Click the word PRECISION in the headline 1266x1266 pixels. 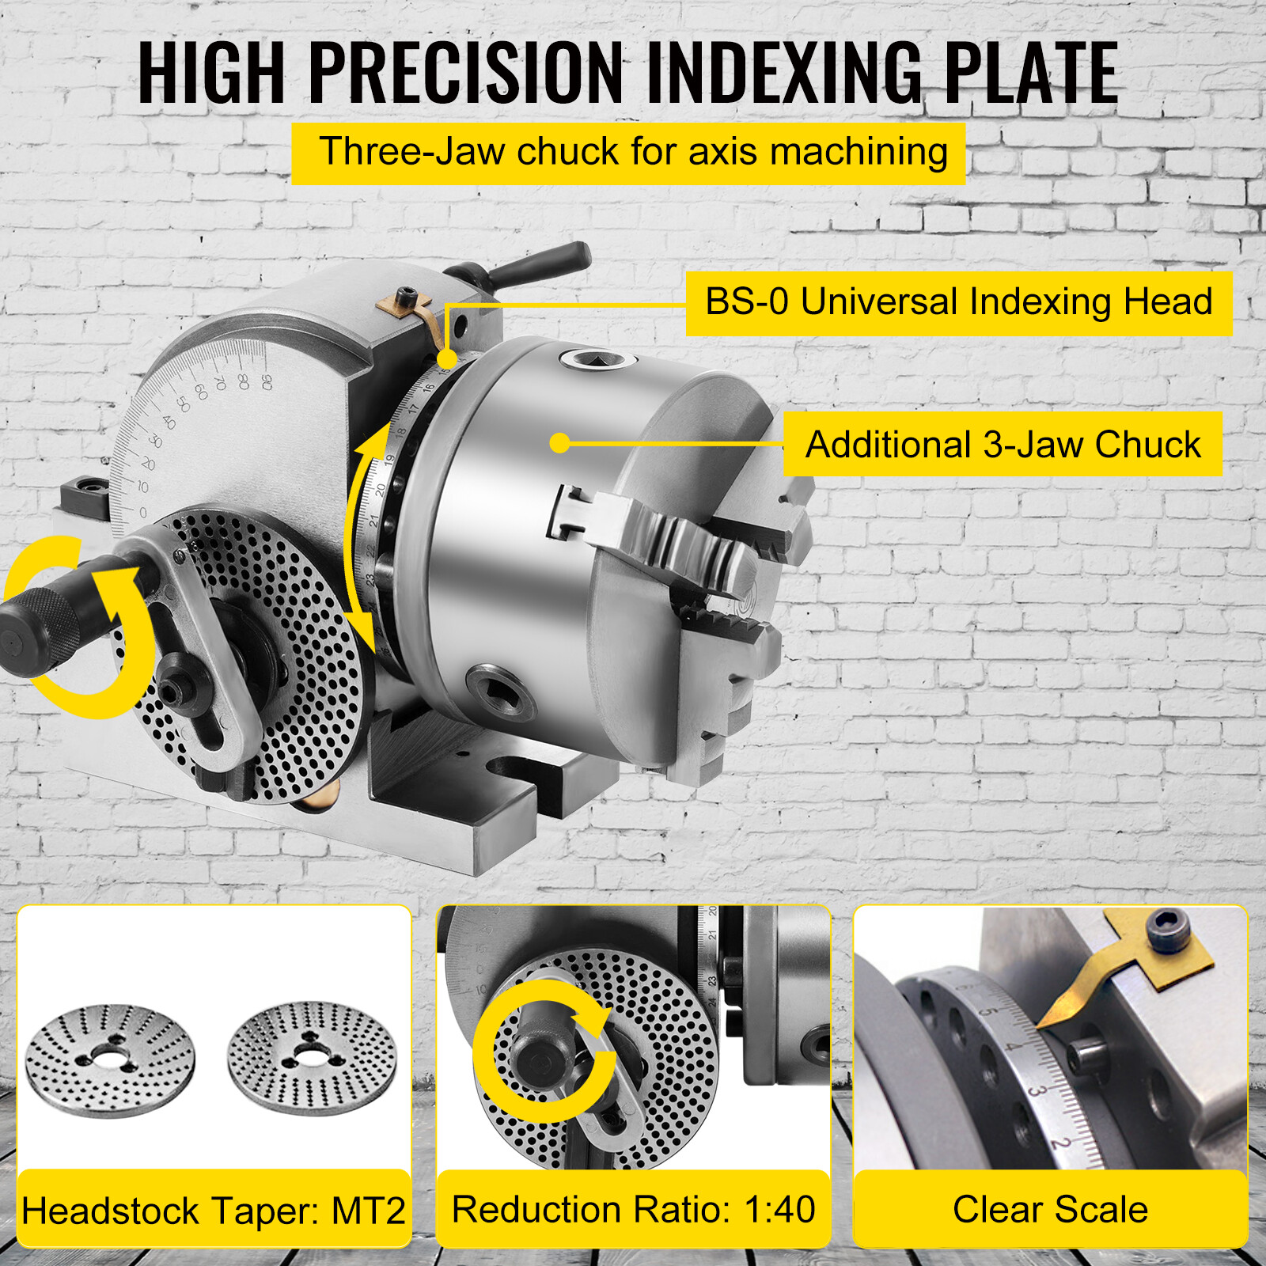466,73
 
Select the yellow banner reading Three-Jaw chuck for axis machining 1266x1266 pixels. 628,153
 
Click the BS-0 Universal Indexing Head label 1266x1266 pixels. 958,302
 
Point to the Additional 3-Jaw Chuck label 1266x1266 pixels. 1003,444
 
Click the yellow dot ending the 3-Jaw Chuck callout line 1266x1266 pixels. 559,443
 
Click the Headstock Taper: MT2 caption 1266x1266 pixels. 214,1211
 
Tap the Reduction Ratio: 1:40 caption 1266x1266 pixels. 633,1209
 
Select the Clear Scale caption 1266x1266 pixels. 1050,1209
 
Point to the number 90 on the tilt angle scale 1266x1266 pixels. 267,382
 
